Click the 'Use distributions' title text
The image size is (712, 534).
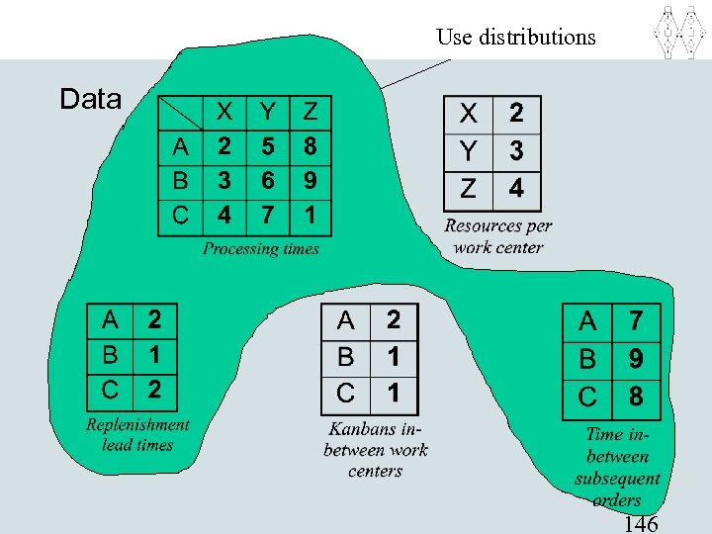click(516, 38)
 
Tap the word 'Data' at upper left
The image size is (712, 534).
click(90, 99)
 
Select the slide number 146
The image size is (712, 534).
click(641, 523)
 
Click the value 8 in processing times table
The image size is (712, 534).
click(311, 147)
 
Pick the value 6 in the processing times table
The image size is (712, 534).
click(267, 181)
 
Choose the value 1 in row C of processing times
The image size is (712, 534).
click(311, 214)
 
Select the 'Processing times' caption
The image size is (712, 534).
click(261, 248)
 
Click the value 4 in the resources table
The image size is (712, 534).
click(516, 186)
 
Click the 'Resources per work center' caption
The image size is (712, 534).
click(498, 236)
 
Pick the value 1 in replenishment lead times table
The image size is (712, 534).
click(154, 354)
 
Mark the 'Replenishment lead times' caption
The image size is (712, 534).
click(137, 434)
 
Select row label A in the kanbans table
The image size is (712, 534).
click(345, 320)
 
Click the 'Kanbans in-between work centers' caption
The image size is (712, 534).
click(375, 450)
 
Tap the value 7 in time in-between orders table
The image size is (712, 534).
click(636, 320)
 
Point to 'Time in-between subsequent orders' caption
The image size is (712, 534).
click(617, 466)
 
